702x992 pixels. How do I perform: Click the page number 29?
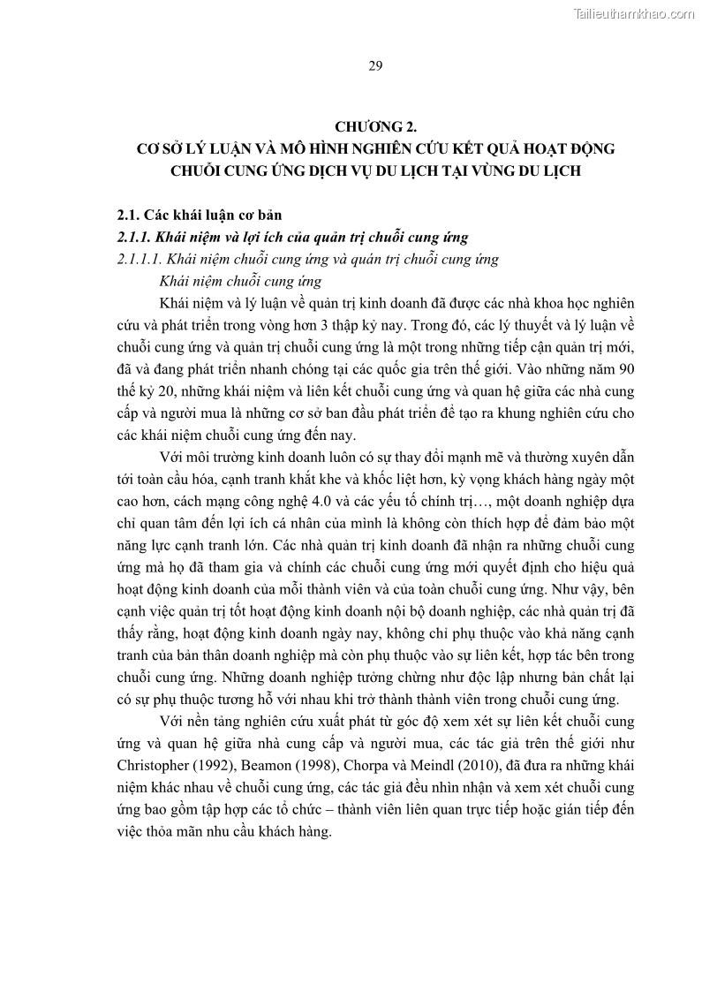pos(374,66)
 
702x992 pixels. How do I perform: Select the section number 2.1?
pos(131,215)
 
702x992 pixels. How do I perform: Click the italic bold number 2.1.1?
pos(135,237)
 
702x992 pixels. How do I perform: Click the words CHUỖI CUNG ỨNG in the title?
pos(229,170)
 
